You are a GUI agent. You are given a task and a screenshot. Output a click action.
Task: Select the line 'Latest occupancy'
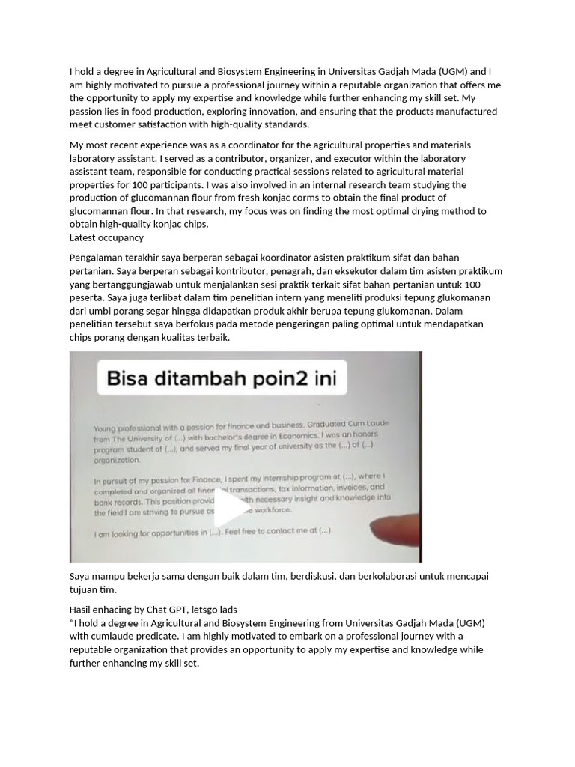[x=106, y=237]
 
